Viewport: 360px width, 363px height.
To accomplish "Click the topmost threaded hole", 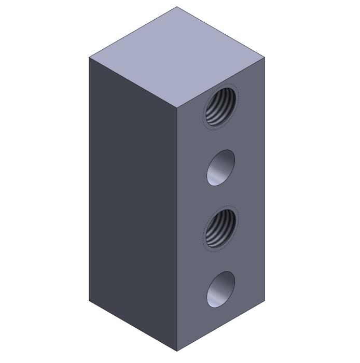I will pyautogui.click(x=221, y=107).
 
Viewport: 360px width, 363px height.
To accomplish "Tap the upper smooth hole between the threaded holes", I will pyautogui.click(x=220, y=167).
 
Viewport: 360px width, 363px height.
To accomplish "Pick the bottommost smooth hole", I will pyautogui.click(x=220, y=289).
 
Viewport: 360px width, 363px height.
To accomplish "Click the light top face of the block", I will pyautogui.click(x=176, y=57).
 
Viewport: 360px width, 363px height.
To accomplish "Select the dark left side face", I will pyautogui.click(x=133, y=202).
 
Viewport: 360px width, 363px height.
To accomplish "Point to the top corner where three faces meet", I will pyautogui.click(x=177, y=108).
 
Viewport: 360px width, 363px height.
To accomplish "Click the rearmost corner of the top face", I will pyautogui.click(x=177, y=7).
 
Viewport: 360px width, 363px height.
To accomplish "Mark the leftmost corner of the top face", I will pyautogui.click(x=89, y=57).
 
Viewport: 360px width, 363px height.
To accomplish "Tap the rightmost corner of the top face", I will pyautogui.click(x=265, y=57).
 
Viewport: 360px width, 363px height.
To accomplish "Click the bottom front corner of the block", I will pyautogui.click(x=177, y=351).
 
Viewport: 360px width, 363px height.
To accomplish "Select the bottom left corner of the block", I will pyautogui.click(x=89, y=300).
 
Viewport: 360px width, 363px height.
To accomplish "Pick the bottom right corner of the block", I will pyautogui.click(x=265, y=300).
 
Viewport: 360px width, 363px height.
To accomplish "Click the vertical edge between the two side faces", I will pyautogui.click(x=177, y=228).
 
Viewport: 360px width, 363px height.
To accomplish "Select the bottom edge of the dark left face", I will pyautogui.click(x=133, y=326).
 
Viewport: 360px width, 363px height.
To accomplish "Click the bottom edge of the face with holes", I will pyautogui.click(x=220, y=326).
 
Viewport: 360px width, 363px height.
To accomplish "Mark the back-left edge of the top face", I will pyautogui.click(x=133, y=32).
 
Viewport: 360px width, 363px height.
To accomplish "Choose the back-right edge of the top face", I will pyautogui.click(x=220, y=32).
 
